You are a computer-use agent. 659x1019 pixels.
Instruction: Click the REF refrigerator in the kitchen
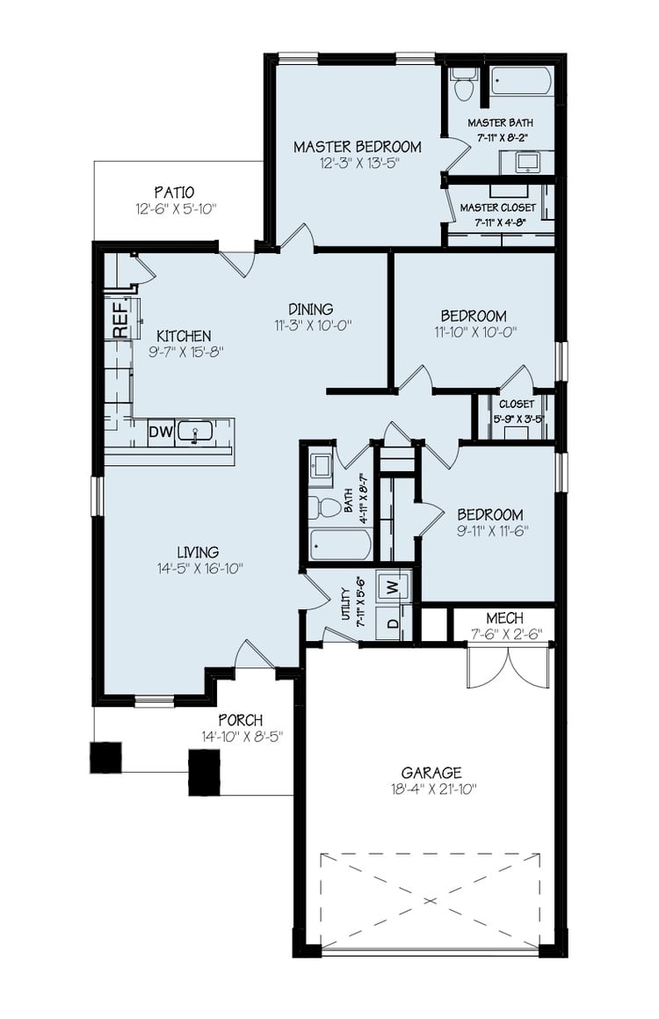click(120, 318)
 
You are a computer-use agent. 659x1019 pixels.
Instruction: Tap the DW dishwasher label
click(160, 432)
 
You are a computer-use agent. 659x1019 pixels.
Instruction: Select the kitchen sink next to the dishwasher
click(195, 432)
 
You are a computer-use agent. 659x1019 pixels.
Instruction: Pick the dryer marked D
click(392, 623)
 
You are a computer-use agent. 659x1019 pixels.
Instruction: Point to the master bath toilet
click(464, 84)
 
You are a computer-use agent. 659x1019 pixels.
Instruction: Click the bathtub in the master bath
click(520, 82)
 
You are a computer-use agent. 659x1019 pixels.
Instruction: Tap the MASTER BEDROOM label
click(357, 147)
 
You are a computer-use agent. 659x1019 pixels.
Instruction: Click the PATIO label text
click(174, 192)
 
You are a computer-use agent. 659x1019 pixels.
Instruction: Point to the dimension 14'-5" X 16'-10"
click(198, 569)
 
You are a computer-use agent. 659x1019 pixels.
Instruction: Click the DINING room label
click(311, 309)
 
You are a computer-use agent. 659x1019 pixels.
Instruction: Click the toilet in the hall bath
click(328, 507)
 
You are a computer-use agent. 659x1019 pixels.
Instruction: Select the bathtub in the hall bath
click(340, 544)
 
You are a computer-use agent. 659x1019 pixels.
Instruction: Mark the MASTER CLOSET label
click(498, 207)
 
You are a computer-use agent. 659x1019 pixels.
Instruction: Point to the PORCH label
click(241, 720)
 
